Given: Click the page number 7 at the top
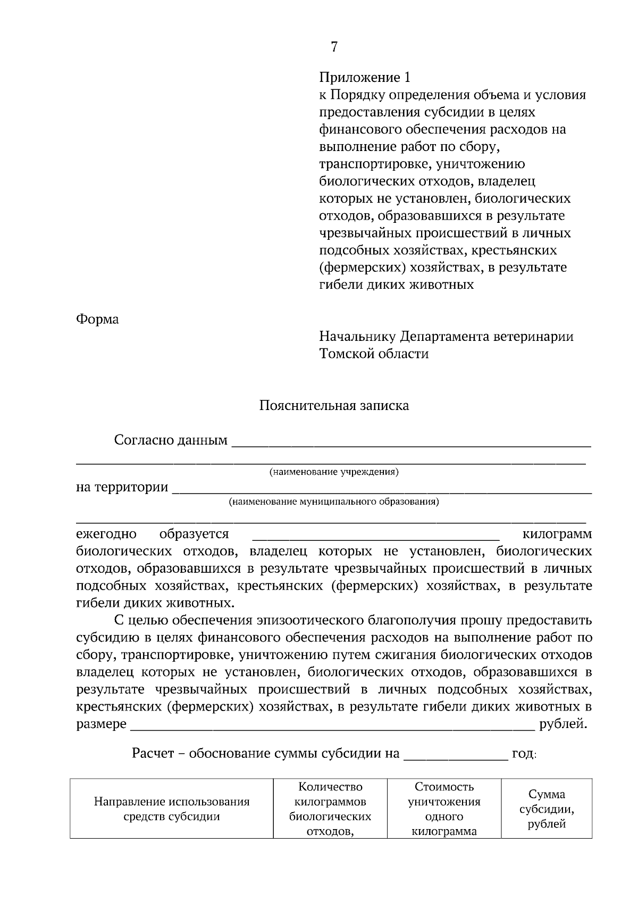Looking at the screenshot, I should [334, 47].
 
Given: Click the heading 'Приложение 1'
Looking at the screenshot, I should [365, 78].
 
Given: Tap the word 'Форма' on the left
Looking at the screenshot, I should [97, 319].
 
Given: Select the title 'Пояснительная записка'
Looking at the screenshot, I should [334, 406].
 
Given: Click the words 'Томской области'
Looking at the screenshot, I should [374, 354].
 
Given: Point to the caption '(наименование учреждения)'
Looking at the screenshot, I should [334, 472].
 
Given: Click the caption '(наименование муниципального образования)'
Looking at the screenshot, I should [333, 501].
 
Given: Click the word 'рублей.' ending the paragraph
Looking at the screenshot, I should [563, 724].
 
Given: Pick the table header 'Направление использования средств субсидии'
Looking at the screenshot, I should [172, 809].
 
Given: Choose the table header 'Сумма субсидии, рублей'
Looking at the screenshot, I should [547, 809].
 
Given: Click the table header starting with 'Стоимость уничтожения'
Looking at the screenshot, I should [444, 809].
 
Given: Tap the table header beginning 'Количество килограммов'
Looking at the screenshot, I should [330, 809].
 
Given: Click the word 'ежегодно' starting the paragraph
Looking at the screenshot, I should [106, 534].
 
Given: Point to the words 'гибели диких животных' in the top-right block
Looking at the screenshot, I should [396, 285].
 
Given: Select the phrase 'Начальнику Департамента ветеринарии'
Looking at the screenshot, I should [446, 337].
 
